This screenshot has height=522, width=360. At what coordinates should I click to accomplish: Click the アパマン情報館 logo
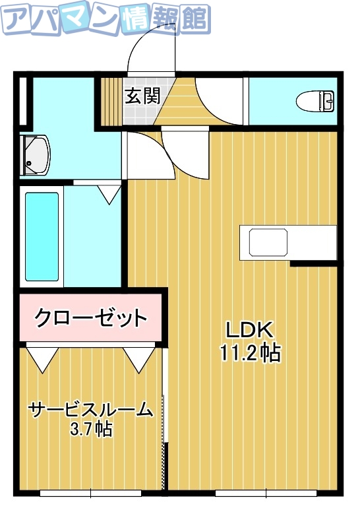click(x=105, y=20)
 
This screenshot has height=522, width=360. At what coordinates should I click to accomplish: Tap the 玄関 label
click(x=142, y=96)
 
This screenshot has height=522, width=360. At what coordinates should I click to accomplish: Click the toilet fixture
click(x=316, y=102)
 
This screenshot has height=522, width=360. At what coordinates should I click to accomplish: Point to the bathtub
click(x=42, y=236)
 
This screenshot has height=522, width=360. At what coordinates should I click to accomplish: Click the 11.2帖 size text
click(x=251, y=354)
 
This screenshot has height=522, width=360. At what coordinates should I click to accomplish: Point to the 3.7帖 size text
click(x=91, y=430)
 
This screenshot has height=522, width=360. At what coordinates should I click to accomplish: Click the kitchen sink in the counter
click(x=268, y=242)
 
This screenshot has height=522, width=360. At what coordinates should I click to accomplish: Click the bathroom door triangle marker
click(x=109, y=193)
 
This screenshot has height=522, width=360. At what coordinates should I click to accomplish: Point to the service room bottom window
click(x=91, y=492)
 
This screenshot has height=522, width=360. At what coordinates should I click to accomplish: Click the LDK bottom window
click(x=266, y=492)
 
